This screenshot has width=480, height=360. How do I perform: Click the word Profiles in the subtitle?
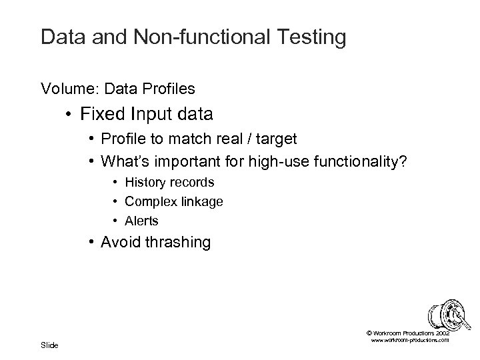click(x=172, y=87)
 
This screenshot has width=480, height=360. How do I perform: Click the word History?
click(x=144, y=182)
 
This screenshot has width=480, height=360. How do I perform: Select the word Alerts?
click(x=141, y=221)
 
